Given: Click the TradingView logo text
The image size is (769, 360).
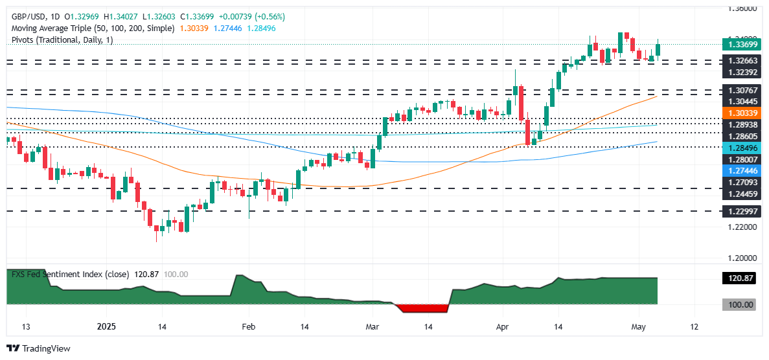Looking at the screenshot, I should point(45,348).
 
